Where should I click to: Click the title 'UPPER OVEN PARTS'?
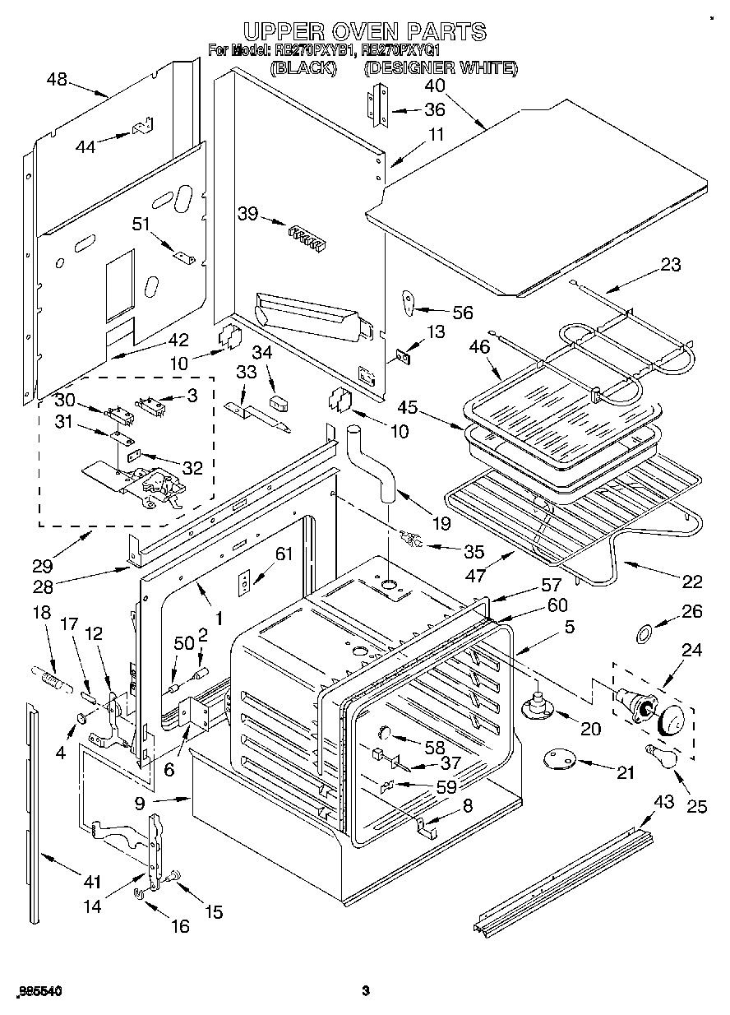(x=364, y=31)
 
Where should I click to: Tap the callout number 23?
(x=670, y=265)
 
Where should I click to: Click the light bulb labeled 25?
(x=663, y=754)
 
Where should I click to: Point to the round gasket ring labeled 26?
(x=645, y=633)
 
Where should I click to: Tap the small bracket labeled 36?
(x=377, y=107)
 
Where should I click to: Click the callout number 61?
(x=283, y=554)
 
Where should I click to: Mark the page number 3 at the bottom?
(x=365, y=991)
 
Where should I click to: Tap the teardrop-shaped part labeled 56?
(x=409, y=303)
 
